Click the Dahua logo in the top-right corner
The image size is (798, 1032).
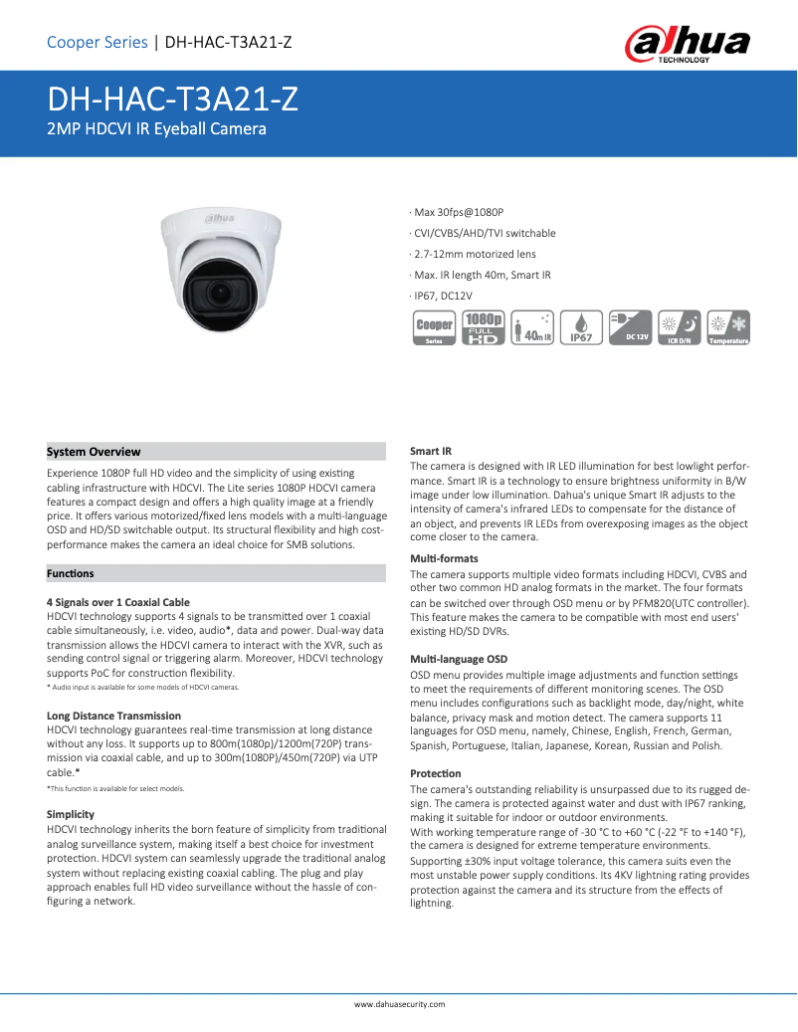pos(687,45)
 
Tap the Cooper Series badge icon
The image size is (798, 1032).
pos(434,327)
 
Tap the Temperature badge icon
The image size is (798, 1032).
pos(726,327)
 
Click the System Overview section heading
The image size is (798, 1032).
pos(95,452)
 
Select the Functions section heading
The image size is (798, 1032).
pos(71,573)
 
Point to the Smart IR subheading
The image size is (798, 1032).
pos(431,452)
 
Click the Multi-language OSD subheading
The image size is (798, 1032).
pos(459,659)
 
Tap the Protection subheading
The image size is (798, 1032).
pos(436,773)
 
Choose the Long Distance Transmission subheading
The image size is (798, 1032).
pos(114,716)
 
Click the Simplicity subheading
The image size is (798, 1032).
pos(71,814)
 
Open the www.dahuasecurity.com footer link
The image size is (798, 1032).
pos(400,1004)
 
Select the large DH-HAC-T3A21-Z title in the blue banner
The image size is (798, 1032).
pos(173,101)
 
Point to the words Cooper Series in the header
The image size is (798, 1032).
pos(98,42)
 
